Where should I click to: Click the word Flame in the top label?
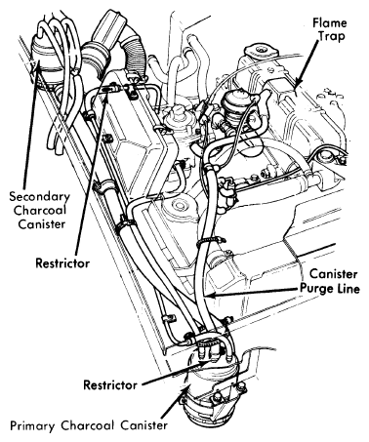tap(330, 22)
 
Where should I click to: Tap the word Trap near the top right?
tap(332, 36)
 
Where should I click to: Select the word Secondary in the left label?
tap(39, 196)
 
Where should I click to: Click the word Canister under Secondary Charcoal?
tap(42, 224)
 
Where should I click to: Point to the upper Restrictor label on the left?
tap(62, 262)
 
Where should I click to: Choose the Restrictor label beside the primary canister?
tap(110, 385)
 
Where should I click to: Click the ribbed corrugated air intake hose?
tap(134, 54)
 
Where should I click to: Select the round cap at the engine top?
tap(261, 50)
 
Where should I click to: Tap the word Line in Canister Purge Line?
tap(349, 289)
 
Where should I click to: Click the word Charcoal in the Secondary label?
tap(40, 210)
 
